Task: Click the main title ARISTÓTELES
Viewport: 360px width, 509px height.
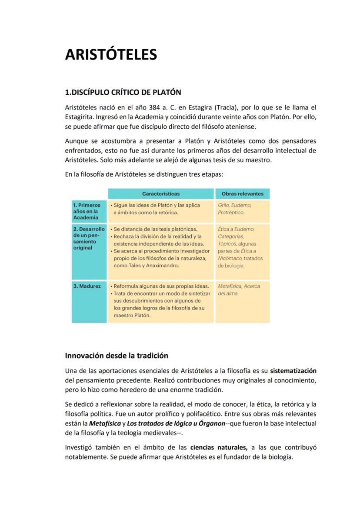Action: coord(110,55)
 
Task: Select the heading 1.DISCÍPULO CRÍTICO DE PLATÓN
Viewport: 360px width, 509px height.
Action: coord(123,92)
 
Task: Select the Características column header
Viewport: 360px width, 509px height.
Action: coord(160,193)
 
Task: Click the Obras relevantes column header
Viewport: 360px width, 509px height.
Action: coord(242,193)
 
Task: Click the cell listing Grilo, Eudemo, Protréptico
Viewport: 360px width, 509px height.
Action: coord(242,209)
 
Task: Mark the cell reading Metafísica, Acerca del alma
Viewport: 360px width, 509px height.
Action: coord(242,290)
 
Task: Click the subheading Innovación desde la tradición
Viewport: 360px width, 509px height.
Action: coord(116,356)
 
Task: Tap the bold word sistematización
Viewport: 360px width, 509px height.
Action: coord(293,371)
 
